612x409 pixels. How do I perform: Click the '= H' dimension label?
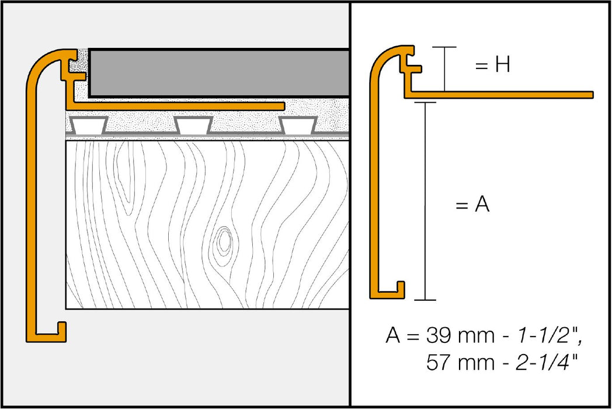[492, 65]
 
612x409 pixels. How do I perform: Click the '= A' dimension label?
[472, 206]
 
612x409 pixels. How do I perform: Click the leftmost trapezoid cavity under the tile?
[88, 124]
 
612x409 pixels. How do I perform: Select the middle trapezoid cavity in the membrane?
[193, 124]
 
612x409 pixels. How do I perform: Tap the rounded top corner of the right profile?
[380, 56]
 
